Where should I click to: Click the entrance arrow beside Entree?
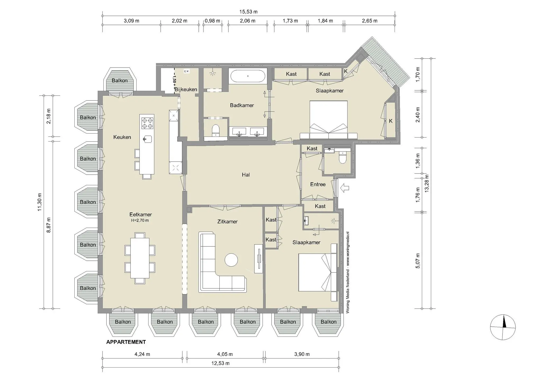345,188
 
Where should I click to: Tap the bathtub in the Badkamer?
248,76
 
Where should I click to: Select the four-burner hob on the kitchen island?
147,123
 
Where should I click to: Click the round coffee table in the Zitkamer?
231,260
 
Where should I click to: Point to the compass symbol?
503,327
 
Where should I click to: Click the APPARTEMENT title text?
126,342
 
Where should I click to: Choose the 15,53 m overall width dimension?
248,12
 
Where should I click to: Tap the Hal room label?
246,175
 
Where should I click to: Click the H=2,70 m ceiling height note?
140,220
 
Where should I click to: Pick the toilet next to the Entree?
342,158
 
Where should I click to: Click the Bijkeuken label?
186,89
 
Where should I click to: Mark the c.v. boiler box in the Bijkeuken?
187,71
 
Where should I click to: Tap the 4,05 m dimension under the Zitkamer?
225,354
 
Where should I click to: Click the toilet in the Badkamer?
216,130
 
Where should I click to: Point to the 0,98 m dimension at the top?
213,21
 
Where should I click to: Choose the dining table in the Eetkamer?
140,258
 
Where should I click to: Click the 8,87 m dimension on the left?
49,225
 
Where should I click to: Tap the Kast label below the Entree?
320,206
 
